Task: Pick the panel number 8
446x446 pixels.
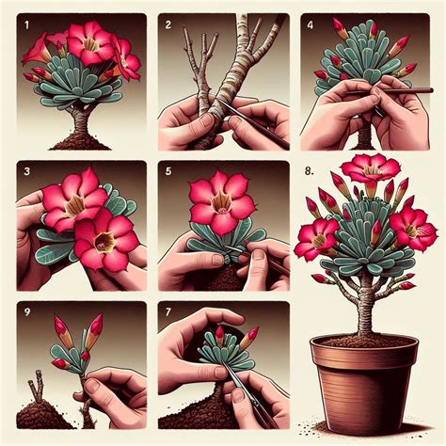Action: pos(310,171)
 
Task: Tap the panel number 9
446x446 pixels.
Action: pos(25,311)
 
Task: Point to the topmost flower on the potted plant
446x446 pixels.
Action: pos(370,168)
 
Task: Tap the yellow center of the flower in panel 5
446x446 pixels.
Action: pos(222,199)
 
